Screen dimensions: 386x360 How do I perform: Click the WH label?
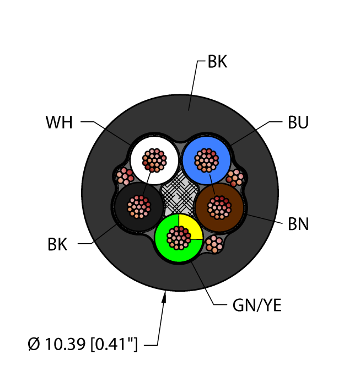coord(58,122)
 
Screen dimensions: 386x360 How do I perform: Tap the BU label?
coord(298,122)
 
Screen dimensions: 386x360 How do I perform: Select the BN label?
coord(298,224)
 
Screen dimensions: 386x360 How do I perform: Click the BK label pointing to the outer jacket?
coord(217,62)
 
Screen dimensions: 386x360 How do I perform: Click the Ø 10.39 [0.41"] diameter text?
coord(82,346)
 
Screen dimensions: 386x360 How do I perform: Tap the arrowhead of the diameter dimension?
coord(164,298)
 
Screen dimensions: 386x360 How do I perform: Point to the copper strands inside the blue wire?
coord(207,160)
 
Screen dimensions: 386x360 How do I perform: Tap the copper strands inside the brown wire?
coord(219,207)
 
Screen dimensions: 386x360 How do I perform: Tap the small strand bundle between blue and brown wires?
coord(235,177)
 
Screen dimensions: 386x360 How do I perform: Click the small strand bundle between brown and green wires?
coord(214,244)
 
